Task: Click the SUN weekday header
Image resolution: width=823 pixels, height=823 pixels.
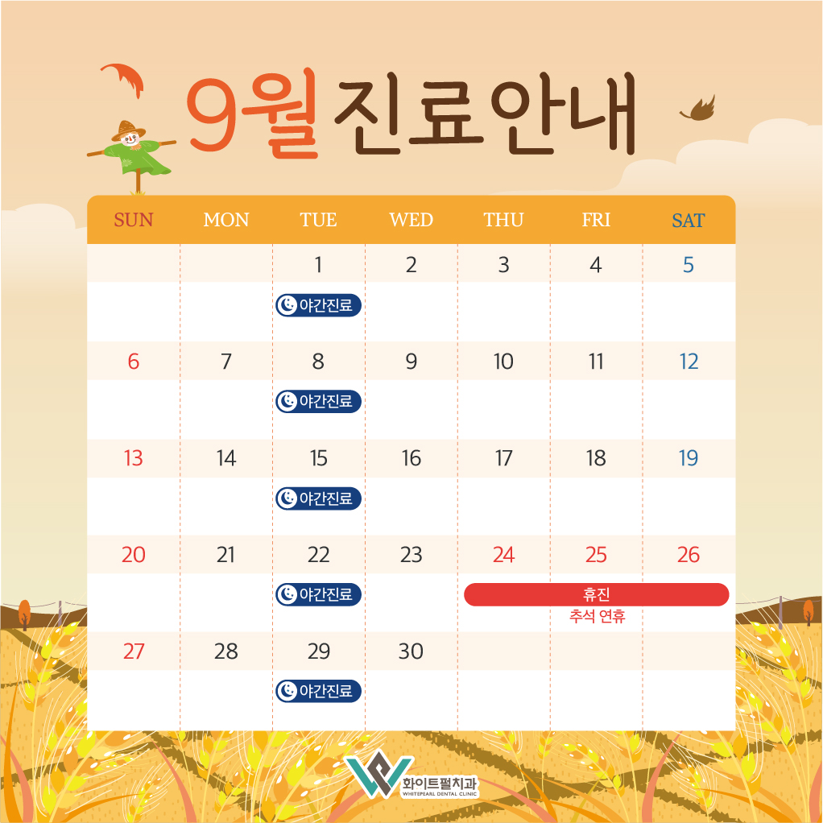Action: click(134, 219)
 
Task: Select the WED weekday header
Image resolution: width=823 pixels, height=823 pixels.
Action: click(411, 219)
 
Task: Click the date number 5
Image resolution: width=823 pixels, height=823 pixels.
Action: click(688, 264)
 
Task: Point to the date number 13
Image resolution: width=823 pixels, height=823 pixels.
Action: click(134, 457)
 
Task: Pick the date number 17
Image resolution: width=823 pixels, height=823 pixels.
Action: click(503, 457)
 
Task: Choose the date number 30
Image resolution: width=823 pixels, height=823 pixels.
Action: click(411, 651)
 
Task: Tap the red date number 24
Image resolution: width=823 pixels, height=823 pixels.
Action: click(503, 554)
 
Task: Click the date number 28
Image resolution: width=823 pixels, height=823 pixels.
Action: click(225, 651)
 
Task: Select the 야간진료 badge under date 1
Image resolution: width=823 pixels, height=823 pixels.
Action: click(319, 305)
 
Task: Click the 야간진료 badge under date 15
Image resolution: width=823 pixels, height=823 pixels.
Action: click(319, 498)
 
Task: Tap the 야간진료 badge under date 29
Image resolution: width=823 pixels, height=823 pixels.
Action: click(319, 691)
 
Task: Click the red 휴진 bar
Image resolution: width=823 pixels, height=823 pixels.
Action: click(596, 594)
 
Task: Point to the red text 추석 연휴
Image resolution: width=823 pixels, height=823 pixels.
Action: click(598, 616)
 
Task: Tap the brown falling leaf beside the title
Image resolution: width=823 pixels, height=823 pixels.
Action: click(699, 110)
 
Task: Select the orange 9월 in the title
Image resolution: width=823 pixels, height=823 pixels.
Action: click(254, 114)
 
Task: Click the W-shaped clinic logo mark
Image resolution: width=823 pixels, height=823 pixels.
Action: click(379, 775)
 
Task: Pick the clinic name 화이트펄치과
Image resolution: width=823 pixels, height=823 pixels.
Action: click(440, 783)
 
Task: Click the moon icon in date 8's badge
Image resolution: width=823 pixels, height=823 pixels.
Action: click(287, 402)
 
